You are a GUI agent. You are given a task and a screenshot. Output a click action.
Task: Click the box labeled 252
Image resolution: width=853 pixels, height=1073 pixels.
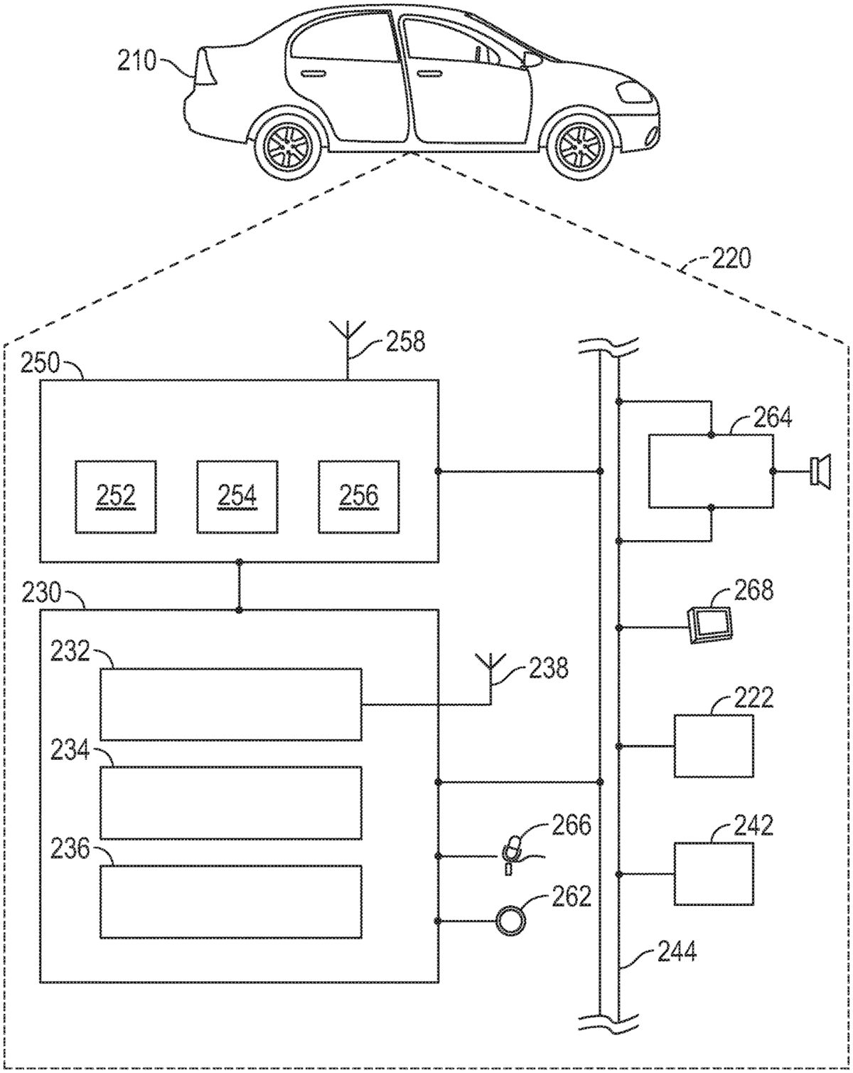[116, 496]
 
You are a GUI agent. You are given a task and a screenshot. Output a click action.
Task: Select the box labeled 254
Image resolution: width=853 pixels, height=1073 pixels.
[237, 496]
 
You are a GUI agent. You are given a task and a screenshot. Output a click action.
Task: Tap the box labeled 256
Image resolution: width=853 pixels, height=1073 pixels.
[358, 496]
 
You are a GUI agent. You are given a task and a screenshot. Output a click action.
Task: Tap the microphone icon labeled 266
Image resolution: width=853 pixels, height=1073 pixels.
[513, 851]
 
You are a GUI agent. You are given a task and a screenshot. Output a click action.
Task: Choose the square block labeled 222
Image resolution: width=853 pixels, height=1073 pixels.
[713, 746]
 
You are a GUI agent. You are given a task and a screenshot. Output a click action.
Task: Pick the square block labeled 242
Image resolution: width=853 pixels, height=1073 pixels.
[713, 873]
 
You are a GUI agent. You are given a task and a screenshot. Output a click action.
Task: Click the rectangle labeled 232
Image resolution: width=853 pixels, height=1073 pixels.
[230, 704]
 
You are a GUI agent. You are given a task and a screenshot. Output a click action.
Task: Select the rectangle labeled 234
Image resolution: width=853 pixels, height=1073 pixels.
[230, 803]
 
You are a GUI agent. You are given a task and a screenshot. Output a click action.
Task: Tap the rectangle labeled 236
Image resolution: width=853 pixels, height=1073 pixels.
[230, 902]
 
